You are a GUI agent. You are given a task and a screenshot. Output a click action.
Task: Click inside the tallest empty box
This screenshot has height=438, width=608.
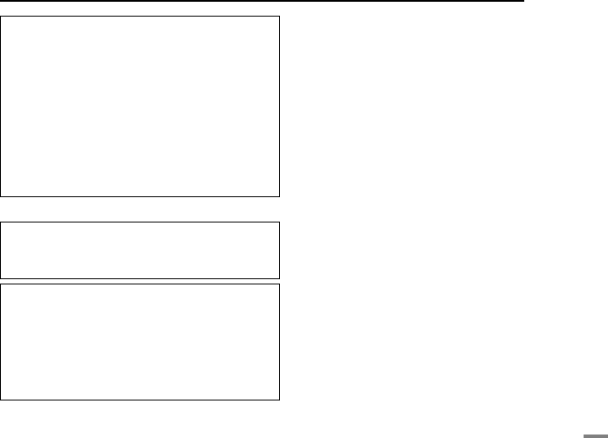140,106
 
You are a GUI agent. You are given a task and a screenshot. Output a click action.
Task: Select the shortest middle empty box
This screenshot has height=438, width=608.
140,250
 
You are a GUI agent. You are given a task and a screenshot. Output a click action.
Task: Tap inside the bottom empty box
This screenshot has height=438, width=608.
140,341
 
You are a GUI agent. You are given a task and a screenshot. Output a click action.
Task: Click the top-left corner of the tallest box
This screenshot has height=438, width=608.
1,15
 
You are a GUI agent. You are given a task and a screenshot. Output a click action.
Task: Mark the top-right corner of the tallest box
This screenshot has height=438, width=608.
279,15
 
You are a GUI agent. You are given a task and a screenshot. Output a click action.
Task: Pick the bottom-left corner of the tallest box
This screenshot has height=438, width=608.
1,196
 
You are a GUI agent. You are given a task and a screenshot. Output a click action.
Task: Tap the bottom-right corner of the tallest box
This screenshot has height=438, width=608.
279,196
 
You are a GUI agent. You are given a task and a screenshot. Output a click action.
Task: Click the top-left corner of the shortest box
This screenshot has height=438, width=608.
1,222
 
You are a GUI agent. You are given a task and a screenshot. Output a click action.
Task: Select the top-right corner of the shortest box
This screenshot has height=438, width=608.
279,222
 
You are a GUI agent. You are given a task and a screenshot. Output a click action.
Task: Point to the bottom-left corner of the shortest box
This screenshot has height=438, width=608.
1,278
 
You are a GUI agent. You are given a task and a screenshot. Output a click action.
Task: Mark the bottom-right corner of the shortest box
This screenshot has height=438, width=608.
279,278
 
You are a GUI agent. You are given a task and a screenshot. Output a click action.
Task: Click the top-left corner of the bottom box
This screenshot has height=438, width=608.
1,283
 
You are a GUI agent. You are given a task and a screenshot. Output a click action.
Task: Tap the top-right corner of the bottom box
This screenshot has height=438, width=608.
279,283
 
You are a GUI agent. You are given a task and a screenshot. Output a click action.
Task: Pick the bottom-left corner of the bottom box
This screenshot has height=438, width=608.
1,400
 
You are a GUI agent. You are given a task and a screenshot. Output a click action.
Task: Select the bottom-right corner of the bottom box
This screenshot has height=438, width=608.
279,400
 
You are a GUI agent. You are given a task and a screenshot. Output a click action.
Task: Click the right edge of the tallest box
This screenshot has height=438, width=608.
279,106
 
